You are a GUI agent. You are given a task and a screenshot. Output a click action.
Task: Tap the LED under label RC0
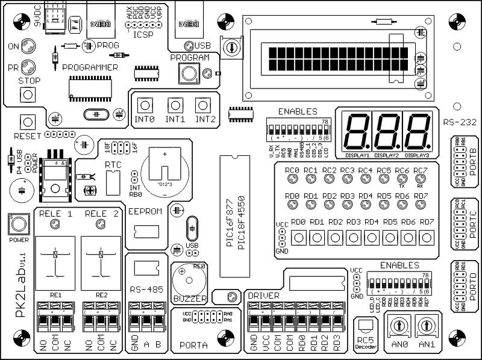293,179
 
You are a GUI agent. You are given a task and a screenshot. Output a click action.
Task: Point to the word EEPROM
144,211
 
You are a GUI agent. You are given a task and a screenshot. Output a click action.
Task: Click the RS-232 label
460,122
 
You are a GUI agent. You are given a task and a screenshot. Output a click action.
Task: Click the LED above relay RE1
55,225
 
